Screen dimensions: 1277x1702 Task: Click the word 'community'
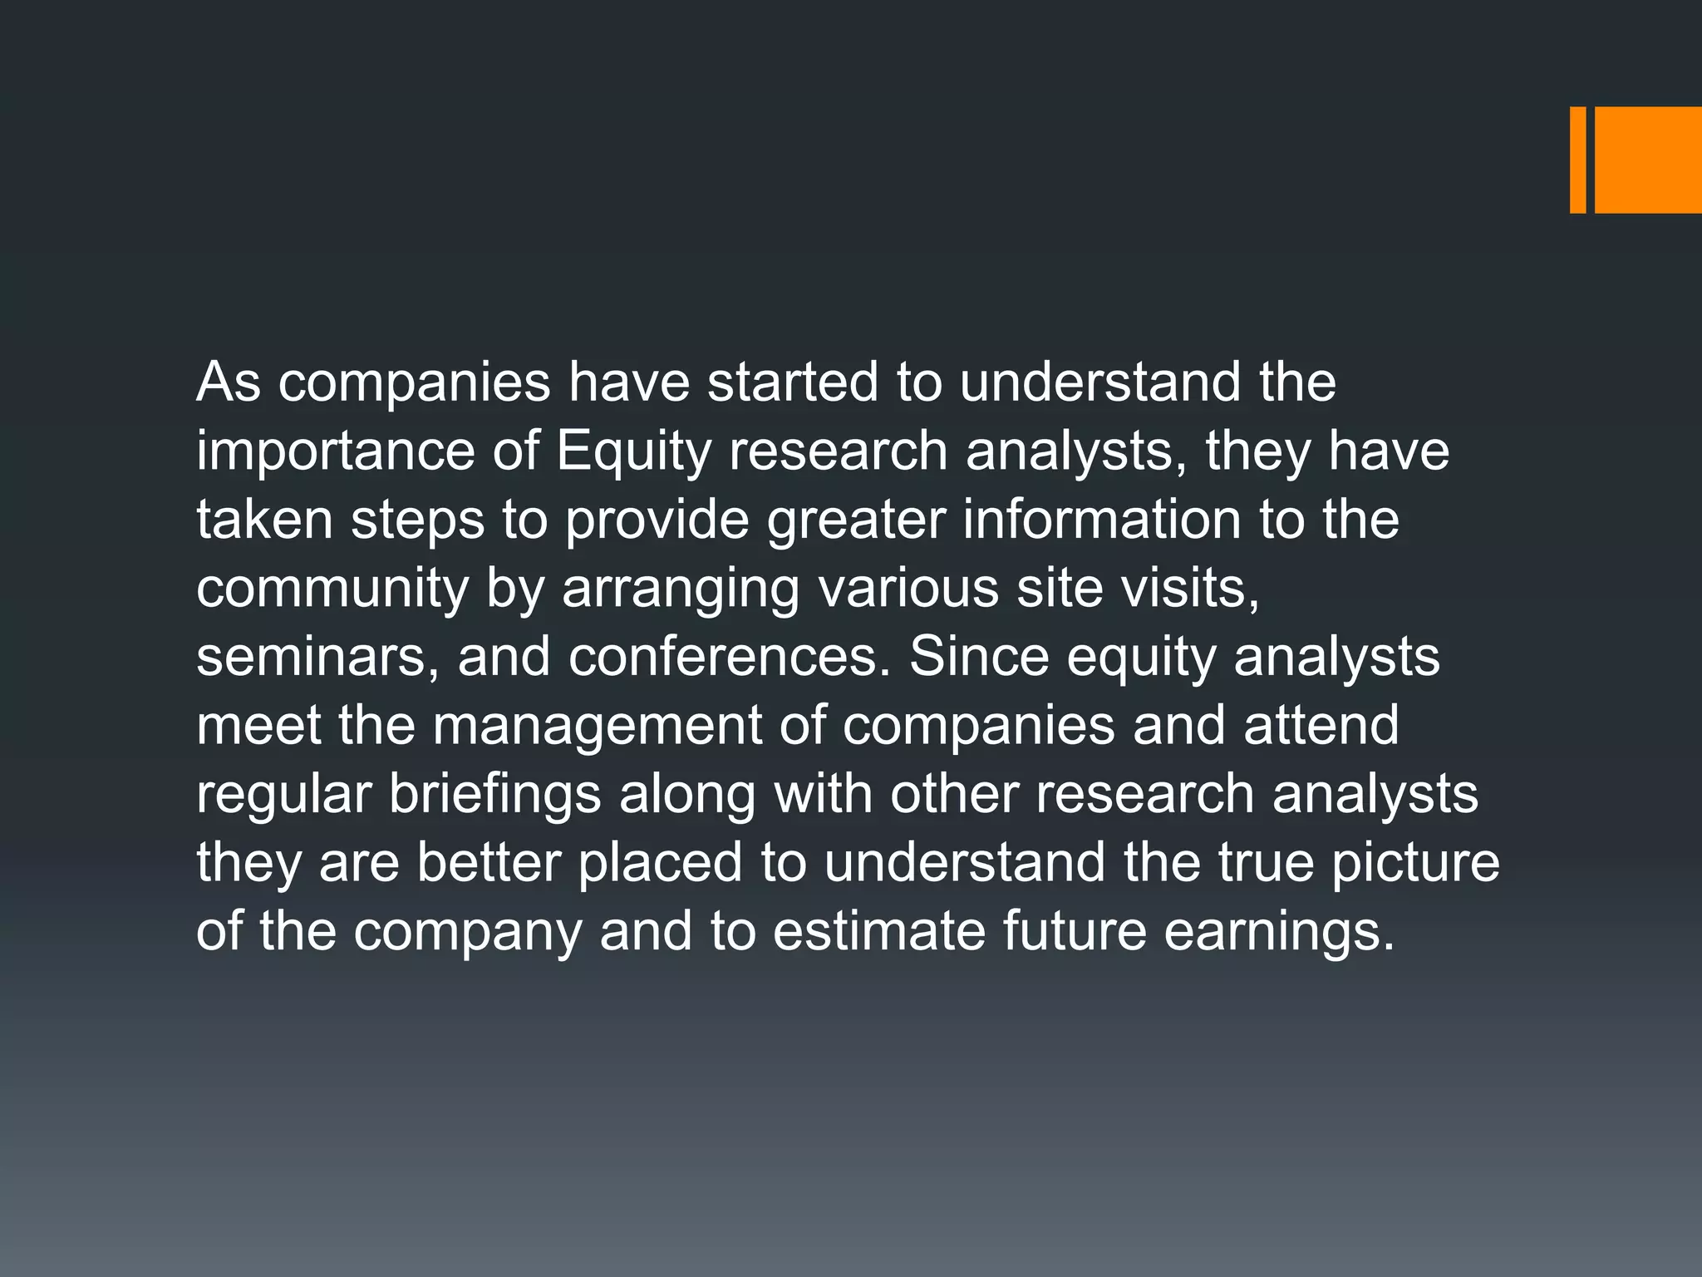[x=332, y=589]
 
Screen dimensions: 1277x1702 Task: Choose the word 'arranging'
[x=681, y=590]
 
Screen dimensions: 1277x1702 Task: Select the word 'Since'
[x=979, y=657]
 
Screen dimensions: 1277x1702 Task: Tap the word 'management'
[x=597, y=726]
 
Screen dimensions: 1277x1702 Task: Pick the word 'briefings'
[x=494, y=795]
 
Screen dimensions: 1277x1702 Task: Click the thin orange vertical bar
[x=1577, y=160]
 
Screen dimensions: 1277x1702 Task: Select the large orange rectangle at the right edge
[x=1648, y=160]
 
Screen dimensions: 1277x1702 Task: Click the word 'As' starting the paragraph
[x=229, y=382]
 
